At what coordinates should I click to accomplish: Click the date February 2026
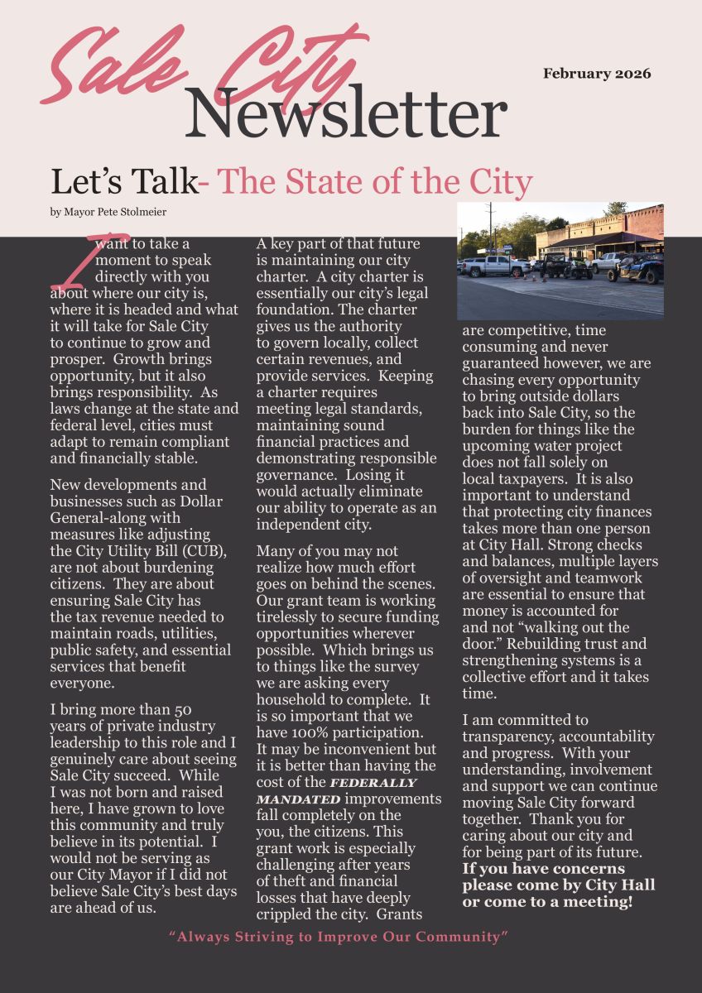pos(597,74)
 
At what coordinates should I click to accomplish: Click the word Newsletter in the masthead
pos(345,114)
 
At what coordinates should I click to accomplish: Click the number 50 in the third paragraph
pos(183,710)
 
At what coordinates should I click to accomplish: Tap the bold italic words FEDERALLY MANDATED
pos(348,791)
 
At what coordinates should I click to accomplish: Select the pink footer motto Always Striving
pos(338,937)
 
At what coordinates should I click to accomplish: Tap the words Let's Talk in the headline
pos(124,182)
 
